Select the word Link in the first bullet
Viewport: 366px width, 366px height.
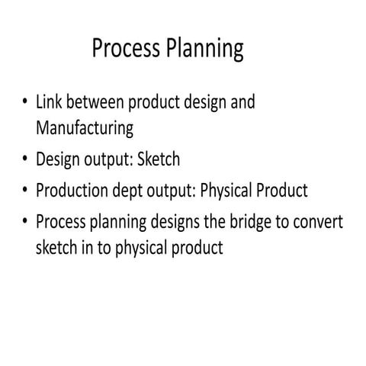tap(50, 102)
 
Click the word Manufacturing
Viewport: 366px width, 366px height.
tap(85, 127)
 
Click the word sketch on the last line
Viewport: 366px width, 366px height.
tap(58, 248)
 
